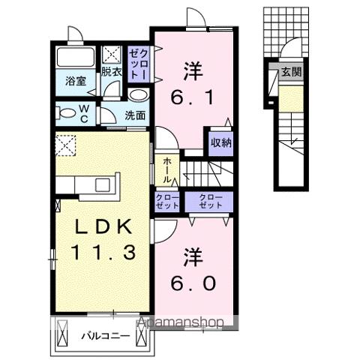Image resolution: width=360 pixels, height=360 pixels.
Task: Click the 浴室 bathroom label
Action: [x=74, y=80]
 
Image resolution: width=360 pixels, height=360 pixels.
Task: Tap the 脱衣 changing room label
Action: [x=112, y=72]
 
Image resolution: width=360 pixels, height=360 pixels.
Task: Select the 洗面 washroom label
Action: [x=135, y=115]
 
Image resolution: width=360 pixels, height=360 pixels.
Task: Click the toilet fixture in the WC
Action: [x=67, y=113]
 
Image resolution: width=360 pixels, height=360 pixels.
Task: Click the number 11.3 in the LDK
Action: [x=103, y=252]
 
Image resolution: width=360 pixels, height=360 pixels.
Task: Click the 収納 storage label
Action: [x=220, y=142]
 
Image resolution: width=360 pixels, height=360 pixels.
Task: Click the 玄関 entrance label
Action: [x=291, y=73]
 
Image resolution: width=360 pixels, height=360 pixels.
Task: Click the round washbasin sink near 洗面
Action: [x=136, y=95]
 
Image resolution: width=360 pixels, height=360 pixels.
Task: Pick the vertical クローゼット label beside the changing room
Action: [x=138, y=63]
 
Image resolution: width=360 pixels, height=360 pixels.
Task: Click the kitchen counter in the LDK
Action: [x=87, y=184]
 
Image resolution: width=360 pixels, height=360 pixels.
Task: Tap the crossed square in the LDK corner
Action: [x=66, y=142]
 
